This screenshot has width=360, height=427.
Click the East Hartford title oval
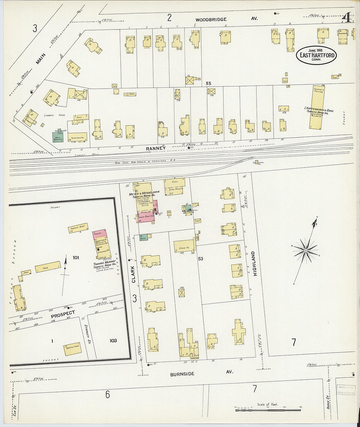click(316, 55)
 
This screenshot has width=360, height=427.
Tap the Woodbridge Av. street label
click(211, 20)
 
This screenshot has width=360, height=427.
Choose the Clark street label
click(133, 274)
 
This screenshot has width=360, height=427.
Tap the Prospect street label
click(63, 314)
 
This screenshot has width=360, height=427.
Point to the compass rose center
click(305, 251)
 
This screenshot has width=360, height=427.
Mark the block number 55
click(208, 83)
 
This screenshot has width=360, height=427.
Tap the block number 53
click(201, 259)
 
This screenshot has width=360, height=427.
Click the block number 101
click(76, 258)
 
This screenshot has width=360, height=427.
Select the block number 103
click(113, 341)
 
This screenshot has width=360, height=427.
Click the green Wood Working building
click(58, 137)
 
